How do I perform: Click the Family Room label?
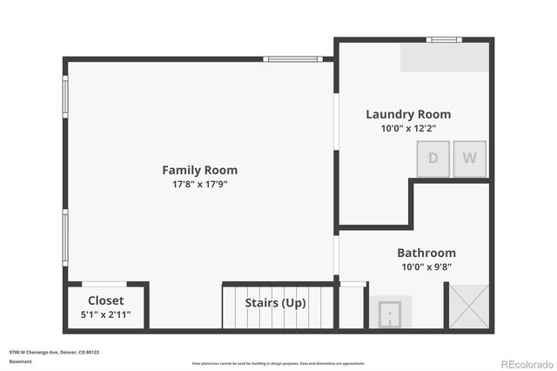[199, 170]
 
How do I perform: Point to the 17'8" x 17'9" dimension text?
[199, 184]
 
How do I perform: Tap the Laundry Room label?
[408, 114]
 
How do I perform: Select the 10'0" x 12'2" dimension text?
[408, 128]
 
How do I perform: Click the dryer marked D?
[433, 159]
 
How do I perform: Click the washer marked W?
[469, 159]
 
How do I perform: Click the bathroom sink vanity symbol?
[389, 311]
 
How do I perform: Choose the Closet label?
[106, 300]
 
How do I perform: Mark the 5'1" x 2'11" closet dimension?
[106, 314]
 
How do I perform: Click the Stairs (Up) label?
[275, 303]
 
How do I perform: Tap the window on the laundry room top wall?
[445, 39]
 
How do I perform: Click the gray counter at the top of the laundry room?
[445, 57]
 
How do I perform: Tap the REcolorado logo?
[525, 362]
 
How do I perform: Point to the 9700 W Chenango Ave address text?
[54, 353]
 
